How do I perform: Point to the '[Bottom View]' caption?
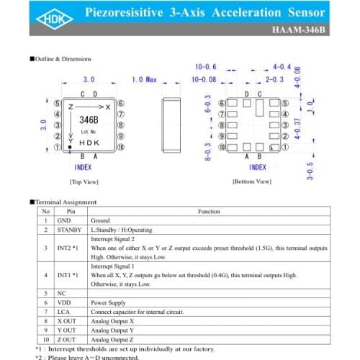click(x=252, y=182)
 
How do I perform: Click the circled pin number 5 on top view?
click(x=56, y=104)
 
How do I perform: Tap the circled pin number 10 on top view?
click(x=120, y=148)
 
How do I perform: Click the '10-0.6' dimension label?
click(x=205, y=67)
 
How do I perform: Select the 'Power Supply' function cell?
click(x=107, y=302)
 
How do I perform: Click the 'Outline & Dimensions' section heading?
click(x=68, y=58)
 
